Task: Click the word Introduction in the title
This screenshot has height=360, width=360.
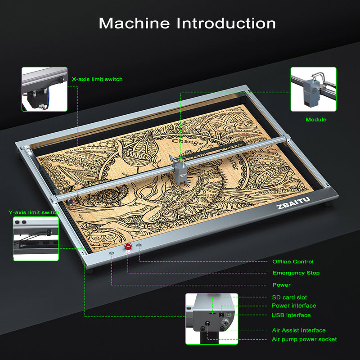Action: point(226,23)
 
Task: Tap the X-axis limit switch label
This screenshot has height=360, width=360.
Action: point(97,79)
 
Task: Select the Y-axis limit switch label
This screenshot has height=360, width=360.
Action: point(34,212)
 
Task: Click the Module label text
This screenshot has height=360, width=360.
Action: point(316,120)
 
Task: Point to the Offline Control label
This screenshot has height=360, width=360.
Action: point(292,261)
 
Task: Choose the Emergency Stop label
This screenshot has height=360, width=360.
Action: point(296,273)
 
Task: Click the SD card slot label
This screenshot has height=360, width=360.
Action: point(289,297)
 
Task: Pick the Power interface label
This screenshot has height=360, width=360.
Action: point(294,306)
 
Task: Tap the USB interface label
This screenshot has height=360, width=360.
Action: point(291,315)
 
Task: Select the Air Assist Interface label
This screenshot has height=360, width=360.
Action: point(299,330)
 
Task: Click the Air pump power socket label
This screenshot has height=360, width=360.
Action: point(304,339)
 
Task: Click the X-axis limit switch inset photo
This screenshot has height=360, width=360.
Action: point(45,89)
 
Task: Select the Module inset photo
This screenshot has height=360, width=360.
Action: point(313,90)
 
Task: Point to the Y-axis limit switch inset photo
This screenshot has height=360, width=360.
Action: point(36,238)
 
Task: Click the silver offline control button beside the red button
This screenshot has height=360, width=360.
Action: point(139,246)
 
